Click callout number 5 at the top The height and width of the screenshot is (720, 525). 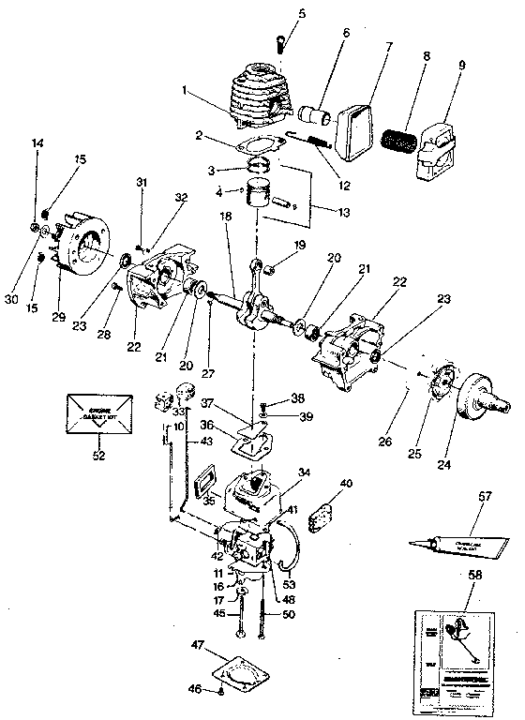(275, 13)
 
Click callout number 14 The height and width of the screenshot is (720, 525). (38, 142)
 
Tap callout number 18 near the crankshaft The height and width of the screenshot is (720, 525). (226, 216)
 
